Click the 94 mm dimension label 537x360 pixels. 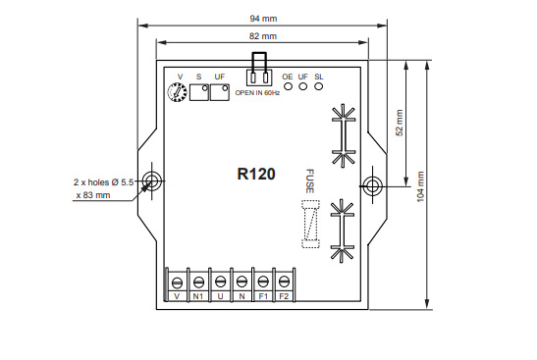coord(263,19)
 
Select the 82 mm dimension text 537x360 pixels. coord(263,36)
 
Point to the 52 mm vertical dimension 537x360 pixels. coord(400,123)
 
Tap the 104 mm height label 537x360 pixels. coord(420,186)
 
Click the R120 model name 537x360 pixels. coord(256,174)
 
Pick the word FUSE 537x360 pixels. coord(309,181)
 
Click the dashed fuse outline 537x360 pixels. coord(310,224)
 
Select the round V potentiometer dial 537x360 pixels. coord(177,91)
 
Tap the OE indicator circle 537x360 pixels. coord(289,86)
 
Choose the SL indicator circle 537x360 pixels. coord(318,86)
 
